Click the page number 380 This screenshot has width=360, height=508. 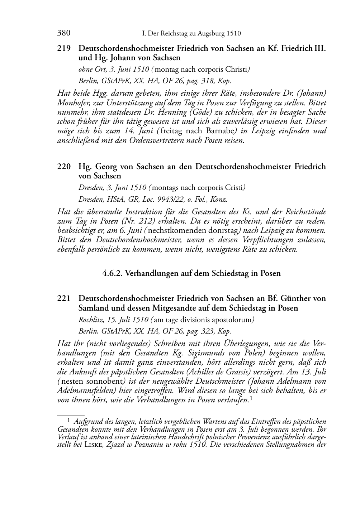(x=63, y=33)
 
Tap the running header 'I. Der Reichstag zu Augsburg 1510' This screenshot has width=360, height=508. (x=191, y=34)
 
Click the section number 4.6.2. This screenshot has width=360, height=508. (x=112, y=273)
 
